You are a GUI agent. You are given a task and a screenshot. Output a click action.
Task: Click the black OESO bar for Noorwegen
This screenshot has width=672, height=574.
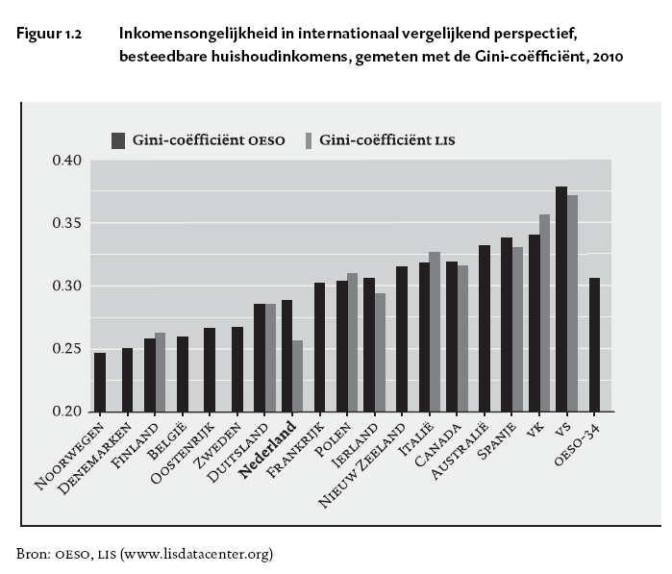pos(100,383)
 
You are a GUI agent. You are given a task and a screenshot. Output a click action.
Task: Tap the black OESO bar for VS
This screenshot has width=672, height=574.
pos(561,299)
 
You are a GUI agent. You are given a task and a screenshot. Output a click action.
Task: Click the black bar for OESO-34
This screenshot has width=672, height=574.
pos(595,345)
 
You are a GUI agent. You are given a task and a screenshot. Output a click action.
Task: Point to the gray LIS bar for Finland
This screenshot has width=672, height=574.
pos(160,372)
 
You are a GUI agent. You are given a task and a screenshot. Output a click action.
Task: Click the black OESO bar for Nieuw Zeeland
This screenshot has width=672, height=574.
pos(402,339)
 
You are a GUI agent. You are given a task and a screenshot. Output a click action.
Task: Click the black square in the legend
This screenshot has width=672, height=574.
pos(119,140)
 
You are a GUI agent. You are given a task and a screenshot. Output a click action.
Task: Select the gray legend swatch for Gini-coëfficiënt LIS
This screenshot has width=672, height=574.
pos(310,140)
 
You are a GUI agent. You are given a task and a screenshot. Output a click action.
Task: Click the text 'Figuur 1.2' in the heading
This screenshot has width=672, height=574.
pos(47,34)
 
